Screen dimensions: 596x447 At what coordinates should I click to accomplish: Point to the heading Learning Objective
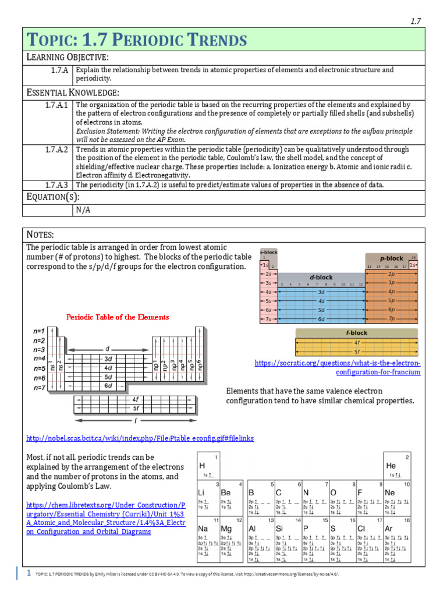pos(68,56)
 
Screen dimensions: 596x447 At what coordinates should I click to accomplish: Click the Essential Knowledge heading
pos(73,93)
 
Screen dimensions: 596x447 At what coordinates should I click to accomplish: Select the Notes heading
pos(41,234)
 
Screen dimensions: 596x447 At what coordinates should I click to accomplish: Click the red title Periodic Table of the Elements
pos(118,317)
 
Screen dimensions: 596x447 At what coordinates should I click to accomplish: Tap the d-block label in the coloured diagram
pos(321,278)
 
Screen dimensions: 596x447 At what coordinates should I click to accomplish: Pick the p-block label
pos(391,258)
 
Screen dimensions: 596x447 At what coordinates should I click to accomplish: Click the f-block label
pos(356,333)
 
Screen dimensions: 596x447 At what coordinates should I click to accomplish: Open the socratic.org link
pos(338,367)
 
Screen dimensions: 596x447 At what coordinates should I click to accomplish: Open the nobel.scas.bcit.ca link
pos(140,438)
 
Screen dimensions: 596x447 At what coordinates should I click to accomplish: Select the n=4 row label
pos(39,359)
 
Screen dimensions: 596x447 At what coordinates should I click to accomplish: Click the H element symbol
pos(202,466)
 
